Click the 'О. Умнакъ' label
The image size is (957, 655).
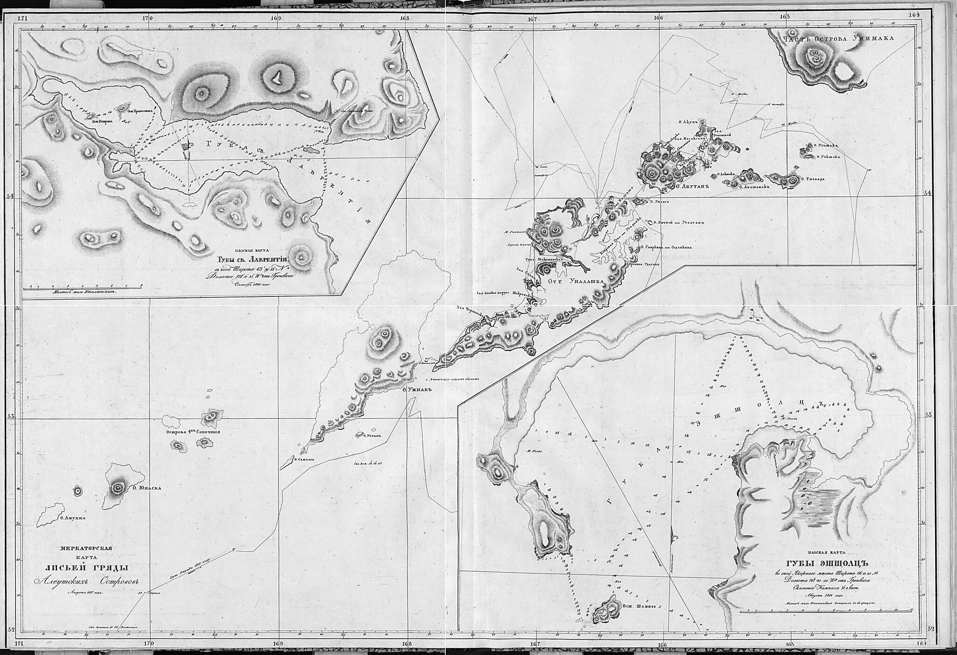(x=415, y=389)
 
